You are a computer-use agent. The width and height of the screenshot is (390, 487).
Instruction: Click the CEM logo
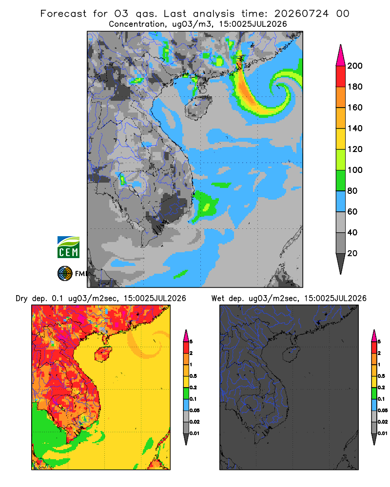pyautogui.click(x=68, y=247)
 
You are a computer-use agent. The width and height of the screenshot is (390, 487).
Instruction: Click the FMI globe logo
pyautogui.click(x=65, y=274)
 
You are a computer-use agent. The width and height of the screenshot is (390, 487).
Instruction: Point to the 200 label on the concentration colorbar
pyautogui.click(x=355, y=66)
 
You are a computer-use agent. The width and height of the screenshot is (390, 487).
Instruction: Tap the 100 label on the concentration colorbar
pyautogui.click(x=355, y=170)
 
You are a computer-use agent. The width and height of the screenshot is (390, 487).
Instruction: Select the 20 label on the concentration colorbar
pyautogui.click(x=352, y=253)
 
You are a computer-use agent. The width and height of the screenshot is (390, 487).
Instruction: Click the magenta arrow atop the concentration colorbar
pyautogui.click(x=341, y=55)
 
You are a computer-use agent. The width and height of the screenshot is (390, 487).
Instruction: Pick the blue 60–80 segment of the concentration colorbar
pyautogui.click(x=341, y=201)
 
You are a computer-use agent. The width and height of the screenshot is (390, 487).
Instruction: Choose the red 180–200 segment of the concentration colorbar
pyautogui.click(x=341, y=76)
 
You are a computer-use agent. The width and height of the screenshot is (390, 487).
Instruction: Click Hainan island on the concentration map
pyautogui.click(x=198, y=107)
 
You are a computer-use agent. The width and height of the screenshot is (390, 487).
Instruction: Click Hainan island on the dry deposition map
pyautogui.click(x=103, y=354)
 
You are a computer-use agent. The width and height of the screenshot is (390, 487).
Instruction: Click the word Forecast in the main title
pyautogui.click(x=63, y=13)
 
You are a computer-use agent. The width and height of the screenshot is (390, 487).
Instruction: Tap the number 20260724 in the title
pyautogui.click(x=301, y=13)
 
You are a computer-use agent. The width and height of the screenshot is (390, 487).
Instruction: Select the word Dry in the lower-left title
pyautogui.click(x=22, y=299)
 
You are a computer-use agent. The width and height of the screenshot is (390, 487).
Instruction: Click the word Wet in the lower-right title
pyautogui.click(x=218, y=299)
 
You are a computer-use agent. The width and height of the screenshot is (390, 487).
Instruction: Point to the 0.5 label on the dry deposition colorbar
pyautogui.click(x=193, y=376)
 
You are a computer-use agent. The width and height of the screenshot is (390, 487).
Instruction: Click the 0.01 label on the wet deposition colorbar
pyautogui.click(x=383, y=433)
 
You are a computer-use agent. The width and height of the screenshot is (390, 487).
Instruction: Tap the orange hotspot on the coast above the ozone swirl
pyautogui.click(x=239, y=63)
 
